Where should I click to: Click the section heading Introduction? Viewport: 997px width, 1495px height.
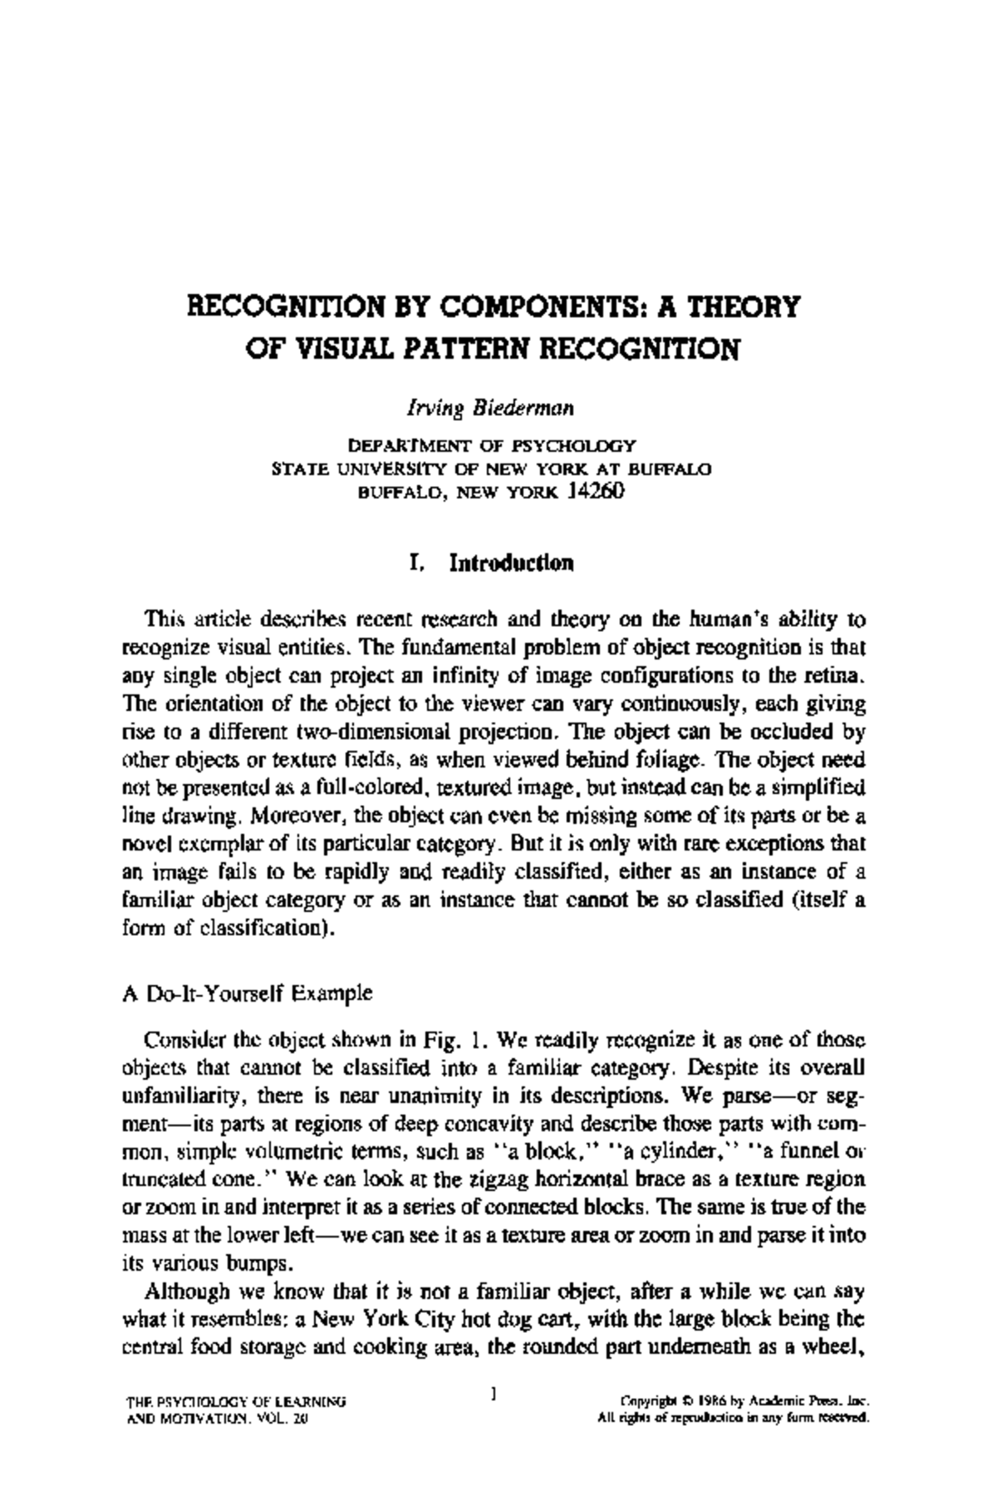(511, 563)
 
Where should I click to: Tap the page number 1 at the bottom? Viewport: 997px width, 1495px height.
(494, 1390)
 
